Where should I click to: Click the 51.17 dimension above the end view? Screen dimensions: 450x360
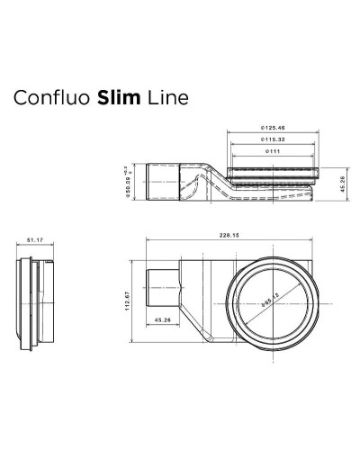point(35,240)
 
